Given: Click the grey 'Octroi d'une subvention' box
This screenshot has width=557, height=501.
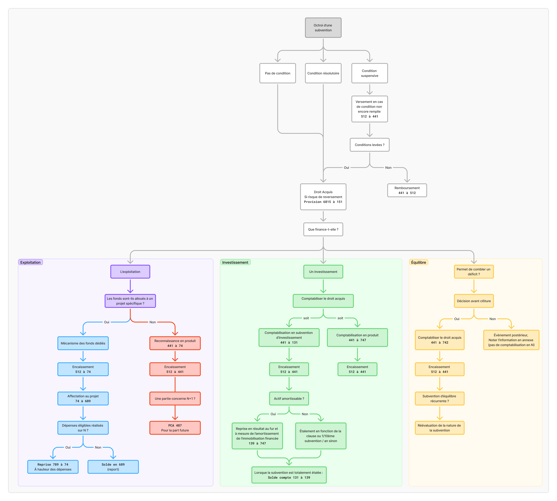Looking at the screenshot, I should point(323,28).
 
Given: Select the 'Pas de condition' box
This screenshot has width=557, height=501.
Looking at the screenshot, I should point(278,73).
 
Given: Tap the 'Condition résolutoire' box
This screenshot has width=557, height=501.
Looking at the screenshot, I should point(323,73).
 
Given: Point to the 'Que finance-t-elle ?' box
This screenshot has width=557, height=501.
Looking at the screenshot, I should point(323,229).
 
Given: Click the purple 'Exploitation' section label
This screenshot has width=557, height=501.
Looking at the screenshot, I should point(30,262).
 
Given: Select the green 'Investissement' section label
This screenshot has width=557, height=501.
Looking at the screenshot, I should point(235,262).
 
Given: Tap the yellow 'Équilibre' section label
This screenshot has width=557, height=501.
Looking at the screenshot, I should point(418,262).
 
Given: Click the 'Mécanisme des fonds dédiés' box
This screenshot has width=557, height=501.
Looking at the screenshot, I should point(83,343).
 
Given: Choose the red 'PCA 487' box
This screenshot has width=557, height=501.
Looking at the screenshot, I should point(175,428).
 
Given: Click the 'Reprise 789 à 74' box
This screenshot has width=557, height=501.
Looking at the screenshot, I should point(53,467).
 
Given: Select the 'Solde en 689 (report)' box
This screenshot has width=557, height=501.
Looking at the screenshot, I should point(113,467).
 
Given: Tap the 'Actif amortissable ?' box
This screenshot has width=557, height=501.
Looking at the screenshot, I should point(289,399).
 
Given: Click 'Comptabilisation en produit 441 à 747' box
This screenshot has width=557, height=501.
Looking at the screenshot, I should point(357,338).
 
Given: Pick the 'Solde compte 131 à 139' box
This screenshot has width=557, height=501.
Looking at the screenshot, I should point(289,475).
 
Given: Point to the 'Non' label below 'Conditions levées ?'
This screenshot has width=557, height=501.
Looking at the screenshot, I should point(388,168).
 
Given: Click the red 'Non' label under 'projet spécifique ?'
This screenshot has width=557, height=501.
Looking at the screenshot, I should point(152,322).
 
